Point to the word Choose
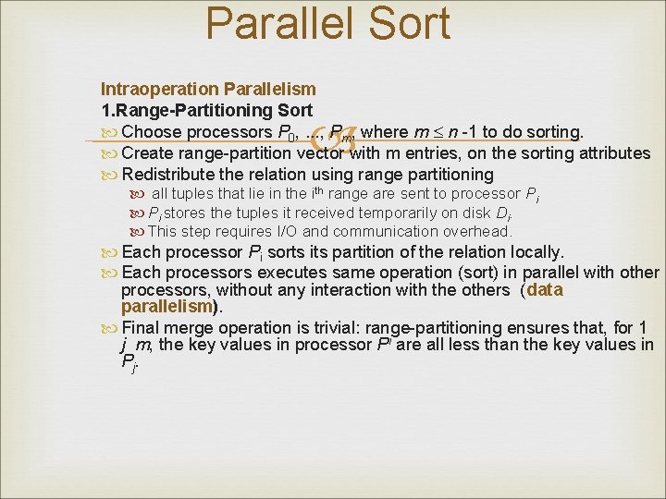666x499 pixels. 153,132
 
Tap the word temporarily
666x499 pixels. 342,213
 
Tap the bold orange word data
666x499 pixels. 544,290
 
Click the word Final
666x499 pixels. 141,327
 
